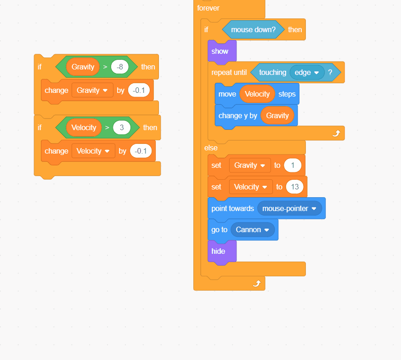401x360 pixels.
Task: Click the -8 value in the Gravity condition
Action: (119, 67)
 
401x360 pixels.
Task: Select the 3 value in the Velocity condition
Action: (122, 127)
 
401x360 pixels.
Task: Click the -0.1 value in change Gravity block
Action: (139, 90)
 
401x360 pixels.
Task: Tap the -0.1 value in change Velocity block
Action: (141, 151)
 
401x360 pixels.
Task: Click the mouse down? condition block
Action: (253, 29)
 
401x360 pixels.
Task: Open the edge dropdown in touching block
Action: (307, 72)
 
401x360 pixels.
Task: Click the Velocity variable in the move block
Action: (257, 94)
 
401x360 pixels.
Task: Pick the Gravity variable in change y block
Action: (277, 115)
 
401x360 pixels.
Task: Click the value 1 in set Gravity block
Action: (292, 165)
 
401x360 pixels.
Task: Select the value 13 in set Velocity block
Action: (294, 187)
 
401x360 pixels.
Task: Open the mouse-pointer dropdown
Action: (289, 208)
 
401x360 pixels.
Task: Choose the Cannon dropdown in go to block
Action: (253, 229)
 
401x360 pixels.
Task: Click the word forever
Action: (208, 8)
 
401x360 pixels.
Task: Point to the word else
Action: (211, 148)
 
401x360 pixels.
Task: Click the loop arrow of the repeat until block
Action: (336, 133)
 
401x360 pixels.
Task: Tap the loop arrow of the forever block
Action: (257, 283)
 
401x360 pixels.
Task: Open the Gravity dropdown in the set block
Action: (250, 165)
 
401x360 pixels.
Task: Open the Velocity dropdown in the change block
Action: (93, 151)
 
